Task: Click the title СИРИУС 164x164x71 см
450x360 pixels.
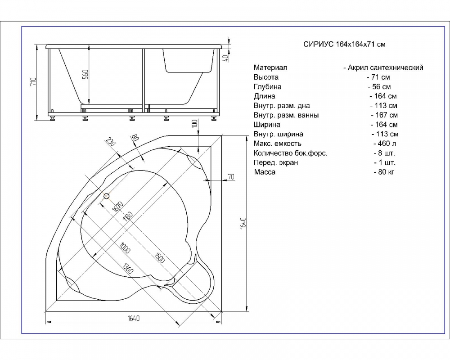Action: [x=344, y=44]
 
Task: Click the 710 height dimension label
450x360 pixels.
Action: [x=34, y=82]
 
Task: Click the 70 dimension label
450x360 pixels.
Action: [x=231, y=177]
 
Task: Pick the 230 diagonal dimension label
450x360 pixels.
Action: [x=110, y=142]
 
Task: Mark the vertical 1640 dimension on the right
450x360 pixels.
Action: [x=243, y=223]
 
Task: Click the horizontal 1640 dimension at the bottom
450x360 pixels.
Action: [x=134, y=318]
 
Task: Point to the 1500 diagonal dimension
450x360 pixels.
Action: [x=160, y=258]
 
